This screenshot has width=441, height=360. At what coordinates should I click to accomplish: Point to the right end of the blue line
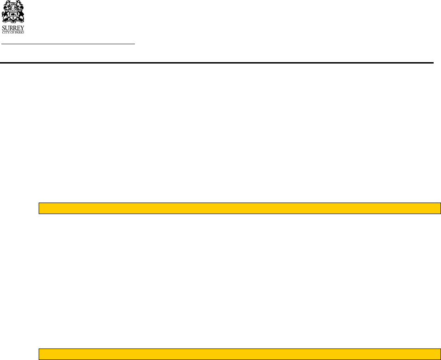tap(134, 44)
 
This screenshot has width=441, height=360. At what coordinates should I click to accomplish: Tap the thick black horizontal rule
tap(216, 62)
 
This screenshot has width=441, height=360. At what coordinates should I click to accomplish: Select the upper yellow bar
tap(239, 208)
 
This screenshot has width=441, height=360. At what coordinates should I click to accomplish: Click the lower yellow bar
tap(239, 354)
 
